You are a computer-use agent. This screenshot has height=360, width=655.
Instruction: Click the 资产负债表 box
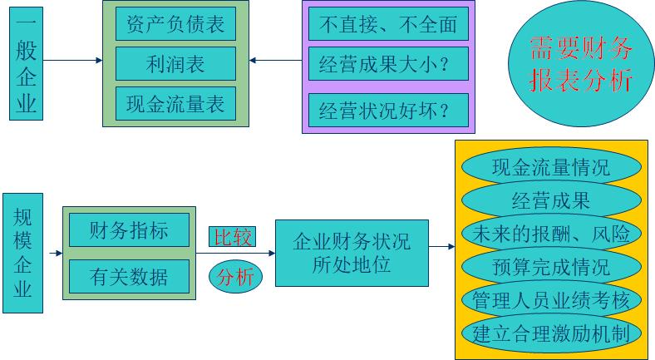pyautogui.click(x=175, y=24)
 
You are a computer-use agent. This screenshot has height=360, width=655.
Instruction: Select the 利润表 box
pyautogui.click(x=175, y=64)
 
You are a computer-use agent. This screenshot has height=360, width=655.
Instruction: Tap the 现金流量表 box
pyautogui.click(x=175, y=104)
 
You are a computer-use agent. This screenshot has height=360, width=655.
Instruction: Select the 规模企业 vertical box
pyautogui.click(x=22, y=253)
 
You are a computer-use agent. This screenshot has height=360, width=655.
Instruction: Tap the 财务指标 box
pyautogui.click(x=129, y=229)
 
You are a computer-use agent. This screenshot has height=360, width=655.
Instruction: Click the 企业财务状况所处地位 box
pyautogui.click(x=352, y=253)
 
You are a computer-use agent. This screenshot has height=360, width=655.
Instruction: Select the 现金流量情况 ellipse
pyautogui.click(x=550, y=167)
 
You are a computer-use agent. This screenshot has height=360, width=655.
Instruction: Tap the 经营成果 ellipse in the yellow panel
pyautogui.click(x=550, y=200)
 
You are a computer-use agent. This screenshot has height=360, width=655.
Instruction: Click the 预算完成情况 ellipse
pyautogui.click(x=550, y=267)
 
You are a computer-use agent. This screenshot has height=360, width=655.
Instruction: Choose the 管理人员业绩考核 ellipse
pyautogui.click(x=550, y=300)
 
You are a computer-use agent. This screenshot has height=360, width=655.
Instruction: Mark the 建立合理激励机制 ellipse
pyautogui.click(x=550, y=333)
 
